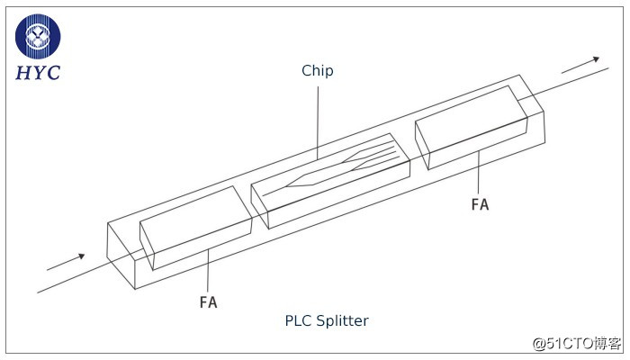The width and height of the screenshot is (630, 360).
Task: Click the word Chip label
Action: click(x=318, y=70)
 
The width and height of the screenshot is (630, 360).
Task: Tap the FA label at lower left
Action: click(x=208, y=301)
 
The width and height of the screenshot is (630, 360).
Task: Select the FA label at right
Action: click(x=480, y=204)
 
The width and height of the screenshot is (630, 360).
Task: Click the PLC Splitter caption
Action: click(x=327, y=320)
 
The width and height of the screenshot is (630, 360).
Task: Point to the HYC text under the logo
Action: click(x=38, y=73)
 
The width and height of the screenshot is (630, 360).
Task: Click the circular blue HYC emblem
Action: click(x=38, y=36)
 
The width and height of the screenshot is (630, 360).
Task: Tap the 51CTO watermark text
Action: click(x=575, y=343)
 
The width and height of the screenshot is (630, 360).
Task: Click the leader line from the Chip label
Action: click(x=318, y=117)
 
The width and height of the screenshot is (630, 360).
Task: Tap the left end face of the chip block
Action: click(x=259, y=206)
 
